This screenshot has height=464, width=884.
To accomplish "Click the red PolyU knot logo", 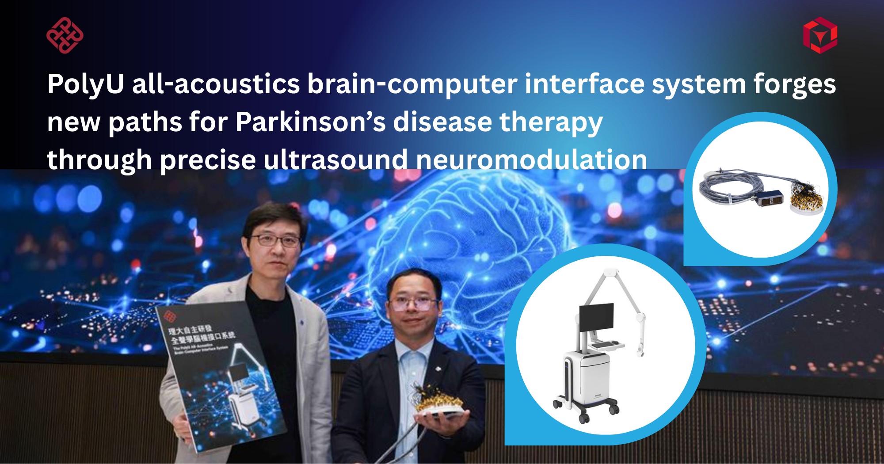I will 65,35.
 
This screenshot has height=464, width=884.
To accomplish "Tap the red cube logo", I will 820,35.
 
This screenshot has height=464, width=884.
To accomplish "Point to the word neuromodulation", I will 531,160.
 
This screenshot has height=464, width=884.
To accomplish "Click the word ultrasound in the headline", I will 335,160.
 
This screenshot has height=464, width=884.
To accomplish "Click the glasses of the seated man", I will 413,304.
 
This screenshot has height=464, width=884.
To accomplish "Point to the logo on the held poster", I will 169,316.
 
